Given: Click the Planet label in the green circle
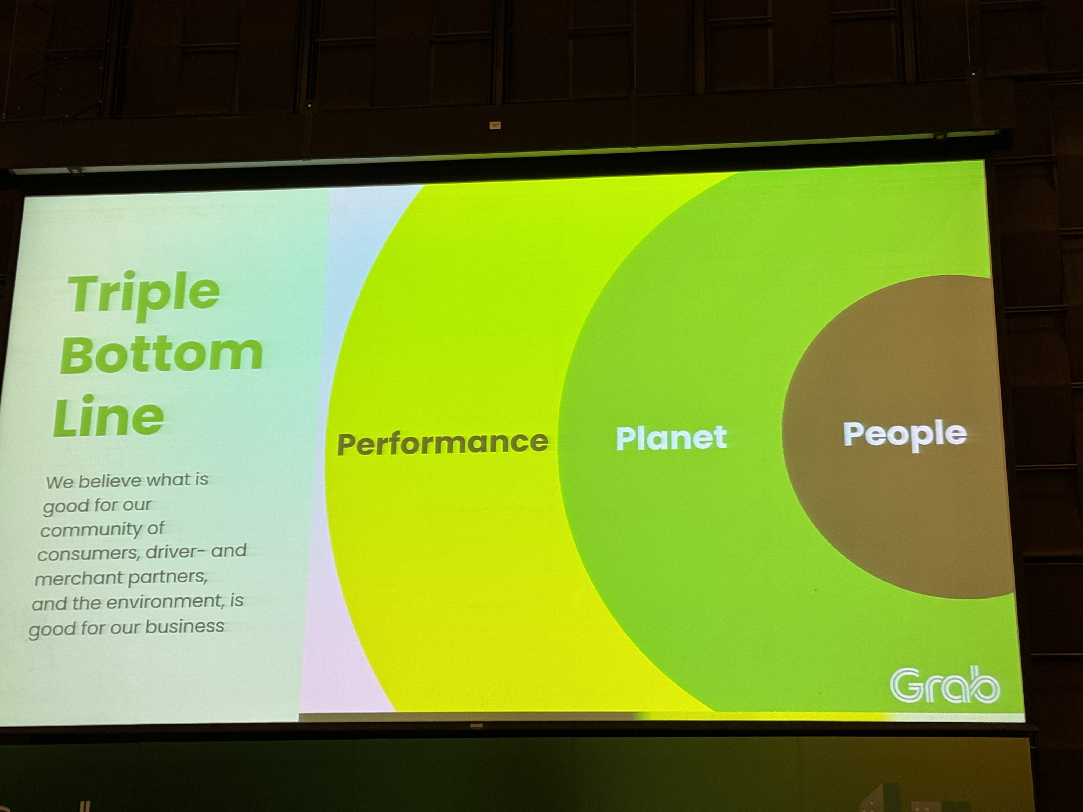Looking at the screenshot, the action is point(671,438).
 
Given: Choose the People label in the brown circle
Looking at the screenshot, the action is point(905,435).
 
